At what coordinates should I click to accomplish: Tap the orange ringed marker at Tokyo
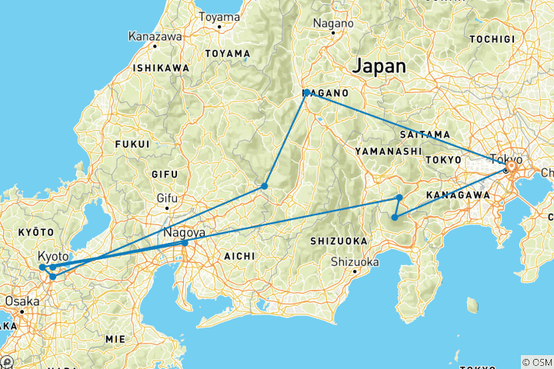510,167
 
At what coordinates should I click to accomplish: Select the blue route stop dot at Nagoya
185,243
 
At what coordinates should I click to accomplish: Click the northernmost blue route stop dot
307,92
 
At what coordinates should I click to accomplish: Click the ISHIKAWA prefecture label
162,68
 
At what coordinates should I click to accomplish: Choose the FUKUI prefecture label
130,143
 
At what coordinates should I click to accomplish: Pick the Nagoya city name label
182,231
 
